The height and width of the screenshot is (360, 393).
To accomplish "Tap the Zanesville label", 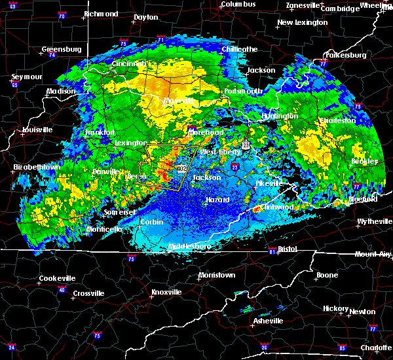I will (x=303, y=6).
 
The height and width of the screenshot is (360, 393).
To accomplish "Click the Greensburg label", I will (x=61, y=49).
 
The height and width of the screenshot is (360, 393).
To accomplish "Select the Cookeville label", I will (x=57, y=278).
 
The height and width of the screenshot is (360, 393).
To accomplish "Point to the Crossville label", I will (x=88, y=293).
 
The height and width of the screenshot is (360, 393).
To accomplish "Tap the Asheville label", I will (x=269, y=321).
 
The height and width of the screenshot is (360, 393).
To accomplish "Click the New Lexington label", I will (x=302, y=22).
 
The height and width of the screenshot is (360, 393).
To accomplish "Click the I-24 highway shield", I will (x=12, y=346).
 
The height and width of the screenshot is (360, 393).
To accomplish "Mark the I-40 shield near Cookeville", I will (x=62, y=290).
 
